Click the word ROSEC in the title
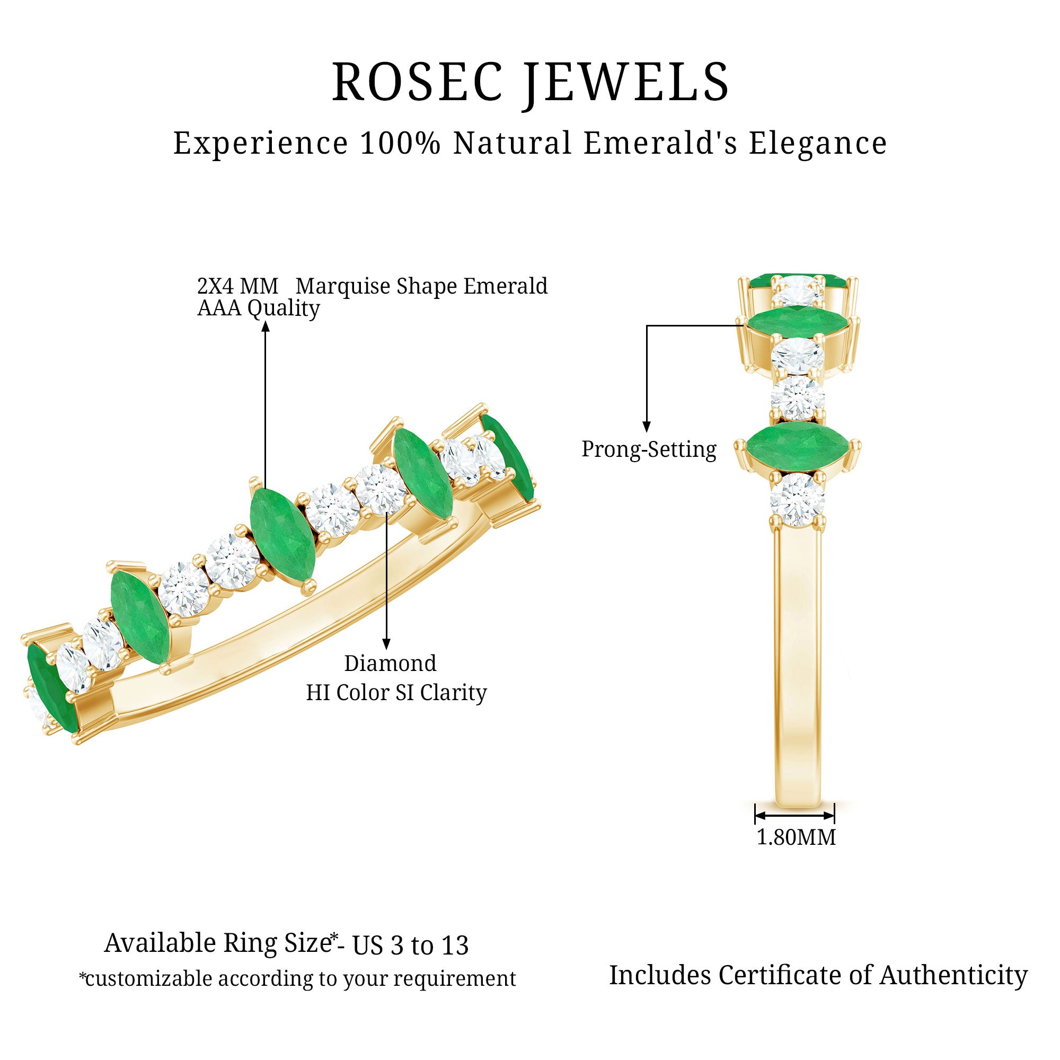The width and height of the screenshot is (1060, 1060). [x=417, y=82]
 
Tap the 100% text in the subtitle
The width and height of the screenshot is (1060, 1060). [x=400, y=143]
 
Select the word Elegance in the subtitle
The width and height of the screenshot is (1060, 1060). [x=817, y=143]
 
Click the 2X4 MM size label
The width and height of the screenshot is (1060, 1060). [x=237, y=286]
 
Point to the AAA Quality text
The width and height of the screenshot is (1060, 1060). [x=258, y=308]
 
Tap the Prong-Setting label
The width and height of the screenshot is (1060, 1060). [x=649, y=449]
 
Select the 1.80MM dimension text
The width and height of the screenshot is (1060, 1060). [x=796, y=838]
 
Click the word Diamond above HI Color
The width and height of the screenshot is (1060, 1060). [x=390, y=664]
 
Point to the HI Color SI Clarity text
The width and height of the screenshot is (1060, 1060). [x=396, y=692]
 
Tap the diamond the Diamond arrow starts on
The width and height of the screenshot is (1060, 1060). [x=382, y=490]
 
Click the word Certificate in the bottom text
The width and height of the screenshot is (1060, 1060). [x=780, y=975]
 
